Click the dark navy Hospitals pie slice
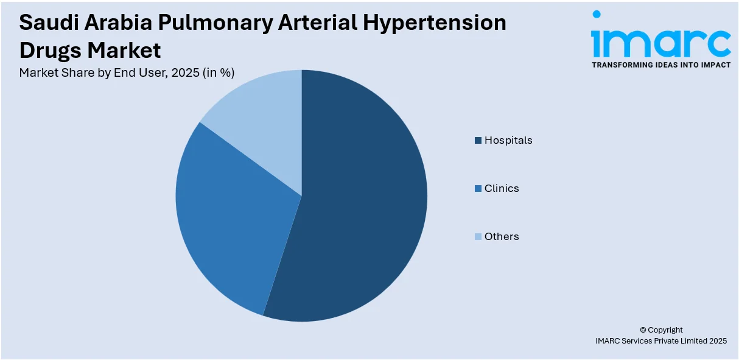359,207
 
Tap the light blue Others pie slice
262,110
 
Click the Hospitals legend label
508,140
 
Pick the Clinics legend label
502,188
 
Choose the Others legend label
502,236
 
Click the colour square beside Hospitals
478,141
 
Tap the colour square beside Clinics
478,189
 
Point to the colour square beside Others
478,237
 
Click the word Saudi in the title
47,23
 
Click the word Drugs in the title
50,50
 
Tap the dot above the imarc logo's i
597,14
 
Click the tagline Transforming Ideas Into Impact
661,65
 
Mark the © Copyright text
661,330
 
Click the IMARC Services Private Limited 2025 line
661,341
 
